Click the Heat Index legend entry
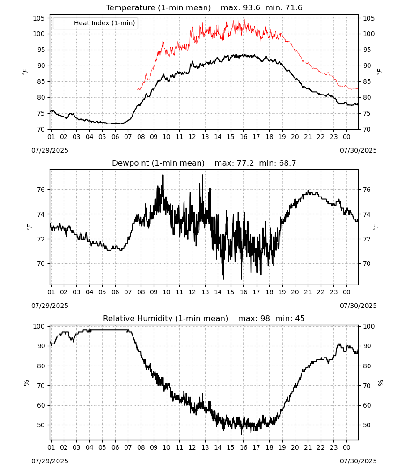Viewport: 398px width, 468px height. pyautogui.click(x=96, y=23)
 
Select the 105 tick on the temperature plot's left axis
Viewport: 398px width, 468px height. pyautogui.click(x=39, y=18)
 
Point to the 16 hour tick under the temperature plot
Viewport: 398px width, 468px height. pyautogui.click(x=243, y=137)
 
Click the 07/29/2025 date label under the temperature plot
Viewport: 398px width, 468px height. pyautogui.click(x=50, y=150)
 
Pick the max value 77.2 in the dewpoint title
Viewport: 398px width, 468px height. pyautogui.click(x=245, y=163)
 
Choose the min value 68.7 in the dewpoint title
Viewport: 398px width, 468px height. pyautogui.click(x=287, y=163)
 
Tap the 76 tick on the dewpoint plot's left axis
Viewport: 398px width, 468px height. pyautogui.click(x=41, y=190)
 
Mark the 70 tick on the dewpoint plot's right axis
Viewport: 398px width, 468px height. pyautogui.click(x=367, y=263)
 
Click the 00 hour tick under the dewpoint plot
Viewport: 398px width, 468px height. pyautogui.click(x=346, y=292)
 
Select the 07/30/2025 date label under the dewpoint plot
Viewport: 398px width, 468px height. pyautogui.click(x=358, y=306)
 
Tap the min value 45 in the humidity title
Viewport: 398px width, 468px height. pyautogui.click(x=300, y=319)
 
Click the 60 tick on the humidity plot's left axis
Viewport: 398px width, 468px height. pyautogui.click(x=41, y=405)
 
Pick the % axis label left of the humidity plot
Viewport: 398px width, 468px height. pyautogui.click(x=26, y=383)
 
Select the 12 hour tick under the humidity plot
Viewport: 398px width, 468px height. pyautogui.click(x=192, y=447)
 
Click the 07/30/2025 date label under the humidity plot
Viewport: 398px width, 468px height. pyautogui.click(x=358, y=461)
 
